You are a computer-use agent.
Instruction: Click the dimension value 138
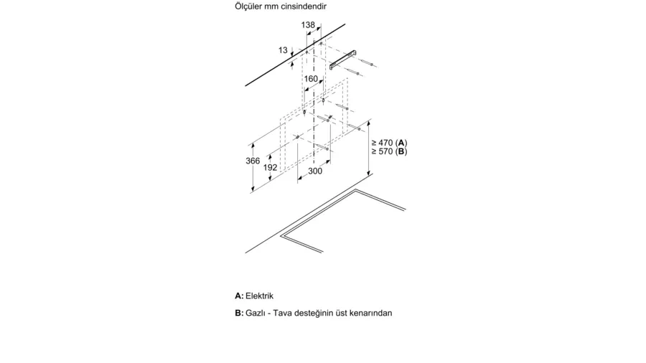[308, 25]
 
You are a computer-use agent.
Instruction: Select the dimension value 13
[283, 50]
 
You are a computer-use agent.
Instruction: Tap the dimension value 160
[311, 79]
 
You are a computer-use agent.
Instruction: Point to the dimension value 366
[253, 161]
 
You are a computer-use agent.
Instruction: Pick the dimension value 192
[271, 167]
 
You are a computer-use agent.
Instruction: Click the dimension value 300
[315, 171]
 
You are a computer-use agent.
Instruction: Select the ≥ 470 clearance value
[382, 143]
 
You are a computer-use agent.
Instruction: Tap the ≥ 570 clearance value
[382, 151]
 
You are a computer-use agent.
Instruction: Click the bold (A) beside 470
[401, 143]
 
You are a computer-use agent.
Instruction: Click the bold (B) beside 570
[401, 151]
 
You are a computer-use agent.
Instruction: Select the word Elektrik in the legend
[260, 296]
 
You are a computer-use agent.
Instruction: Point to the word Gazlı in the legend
[255, 313]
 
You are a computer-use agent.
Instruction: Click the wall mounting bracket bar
[343, 60]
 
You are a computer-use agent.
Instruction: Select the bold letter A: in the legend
[239, 296]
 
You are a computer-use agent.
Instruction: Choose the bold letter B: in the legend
[239, 313]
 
